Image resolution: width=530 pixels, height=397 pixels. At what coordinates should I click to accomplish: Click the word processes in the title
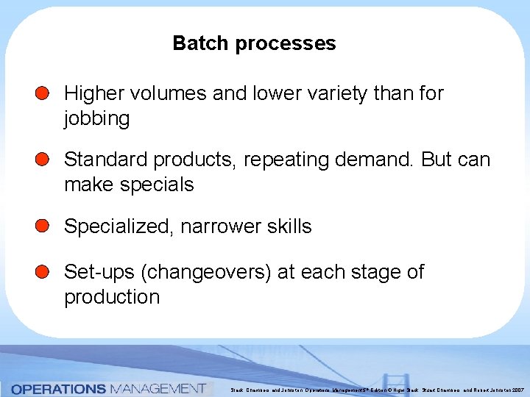click(x=285, y=44)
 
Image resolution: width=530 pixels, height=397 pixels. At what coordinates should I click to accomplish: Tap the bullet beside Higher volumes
click(x=43, y=93)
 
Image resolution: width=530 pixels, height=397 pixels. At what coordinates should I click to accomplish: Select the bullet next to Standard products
click(x=43, y=160)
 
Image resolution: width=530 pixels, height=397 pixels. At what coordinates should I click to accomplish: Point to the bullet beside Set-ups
click(x=43, y=272)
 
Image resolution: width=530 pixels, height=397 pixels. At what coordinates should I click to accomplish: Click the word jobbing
click(x=96, y=118)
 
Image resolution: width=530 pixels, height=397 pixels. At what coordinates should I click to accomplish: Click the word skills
click(x=286, y=227)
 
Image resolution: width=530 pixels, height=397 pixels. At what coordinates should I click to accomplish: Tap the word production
click(x=112, y=297)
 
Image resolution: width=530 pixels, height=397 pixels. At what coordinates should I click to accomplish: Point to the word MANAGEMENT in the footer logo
click(x=156, y=388)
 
